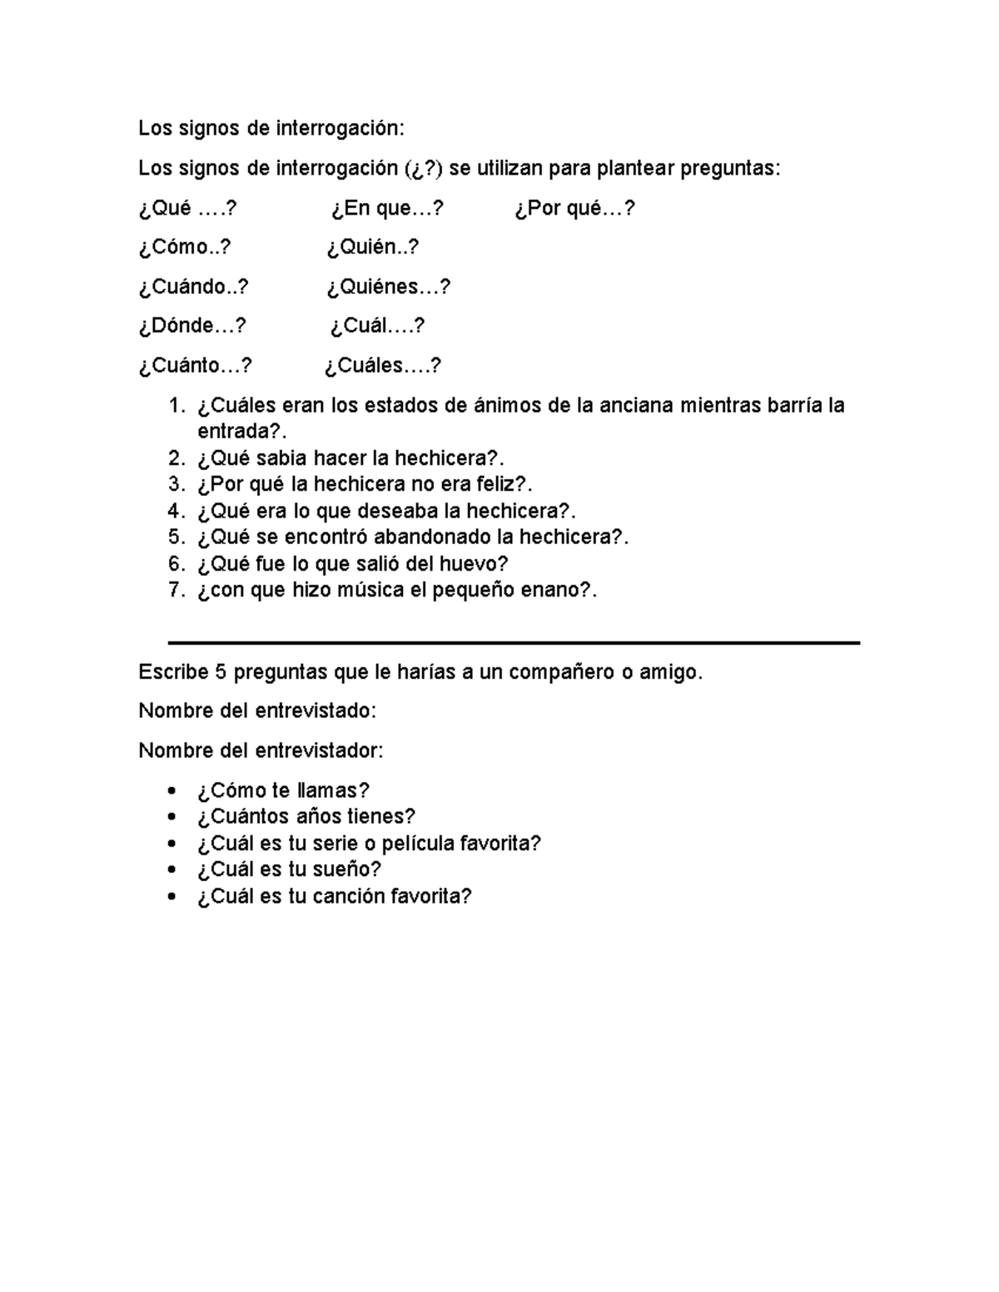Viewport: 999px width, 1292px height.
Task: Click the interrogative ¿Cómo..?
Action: click(x=185, y=247)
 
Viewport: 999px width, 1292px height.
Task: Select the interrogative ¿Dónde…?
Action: click(x=192, y=326)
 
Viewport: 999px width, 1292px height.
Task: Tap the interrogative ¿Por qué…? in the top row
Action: click(x=574, y=208)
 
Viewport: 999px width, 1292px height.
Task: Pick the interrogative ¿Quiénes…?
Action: click(x=388, y=287)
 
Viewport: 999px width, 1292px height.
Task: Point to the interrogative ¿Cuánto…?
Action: click(x=195, y=365)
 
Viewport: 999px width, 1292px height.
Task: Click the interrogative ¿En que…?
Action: click(x=387, y=208)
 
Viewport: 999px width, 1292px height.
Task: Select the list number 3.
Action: click(x=175, y=484)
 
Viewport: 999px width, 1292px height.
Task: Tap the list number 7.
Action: click(x=175, y=590)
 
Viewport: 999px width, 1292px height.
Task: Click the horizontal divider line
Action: click(x=514, y=642)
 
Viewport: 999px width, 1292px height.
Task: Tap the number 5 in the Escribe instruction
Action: click(x=221, y=672)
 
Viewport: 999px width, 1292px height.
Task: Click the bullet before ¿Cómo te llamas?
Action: click(x=172, y=790)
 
